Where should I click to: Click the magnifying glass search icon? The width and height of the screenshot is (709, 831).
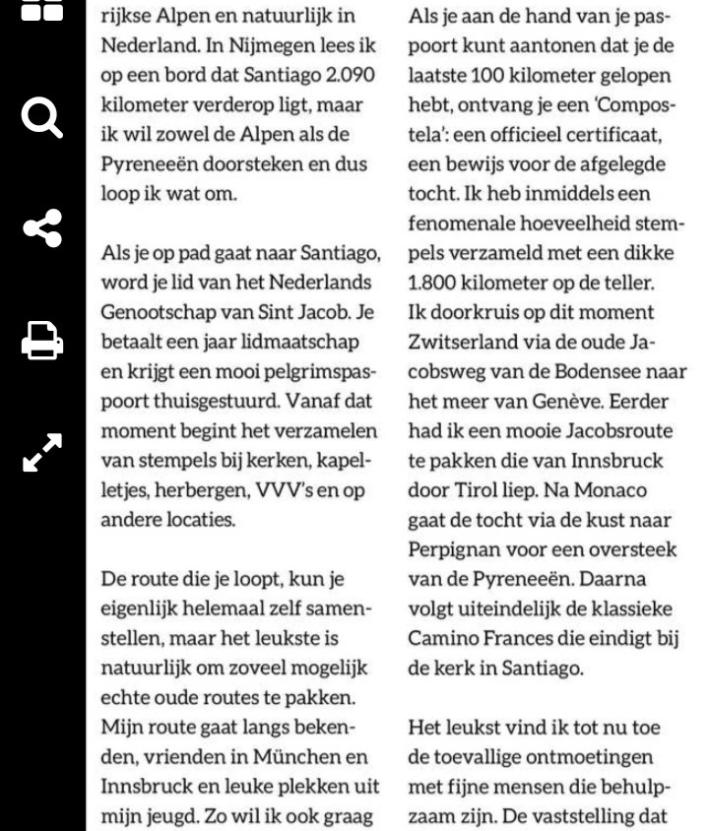pos(42,118)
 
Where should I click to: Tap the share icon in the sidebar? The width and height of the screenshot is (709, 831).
pos(42,228)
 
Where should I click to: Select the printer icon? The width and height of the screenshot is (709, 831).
pos(42,342)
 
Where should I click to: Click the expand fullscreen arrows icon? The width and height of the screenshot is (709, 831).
pos(42,452)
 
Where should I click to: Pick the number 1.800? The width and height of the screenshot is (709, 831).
pos(435,283)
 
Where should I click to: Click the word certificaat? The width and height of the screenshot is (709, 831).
pos(610,134)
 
